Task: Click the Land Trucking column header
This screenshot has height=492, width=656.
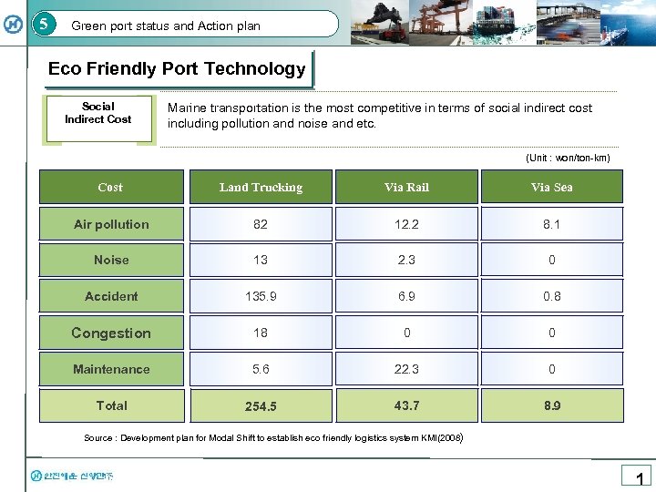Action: (261, 188)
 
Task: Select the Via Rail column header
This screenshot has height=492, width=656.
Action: (406, 188)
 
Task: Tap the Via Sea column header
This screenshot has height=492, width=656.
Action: (552, 188)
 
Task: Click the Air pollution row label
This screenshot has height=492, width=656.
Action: (111, 224)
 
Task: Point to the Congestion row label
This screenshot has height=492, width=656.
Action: (111, 333)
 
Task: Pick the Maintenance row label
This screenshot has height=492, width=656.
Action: (111, 369)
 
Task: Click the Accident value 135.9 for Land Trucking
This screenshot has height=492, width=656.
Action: (261, 296)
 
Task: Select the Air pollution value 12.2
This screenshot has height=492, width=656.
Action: (406, 224)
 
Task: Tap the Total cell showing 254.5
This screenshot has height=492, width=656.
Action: (261, 406)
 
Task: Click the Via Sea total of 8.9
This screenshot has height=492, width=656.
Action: (552, 405)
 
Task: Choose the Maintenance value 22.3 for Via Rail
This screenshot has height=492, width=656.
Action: (406, 369)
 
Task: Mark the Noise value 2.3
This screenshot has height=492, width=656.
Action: (406, 260)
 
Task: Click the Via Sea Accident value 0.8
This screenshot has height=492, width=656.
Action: (552, 296)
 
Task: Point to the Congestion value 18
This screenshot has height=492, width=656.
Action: (261, 333)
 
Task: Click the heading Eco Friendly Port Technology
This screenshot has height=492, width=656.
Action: (177, 69)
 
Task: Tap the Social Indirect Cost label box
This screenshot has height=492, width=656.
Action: (98, 113)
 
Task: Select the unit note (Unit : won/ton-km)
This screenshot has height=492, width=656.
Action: (568, 158)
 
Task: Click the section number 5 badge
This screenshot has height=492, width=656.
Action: (44, 24)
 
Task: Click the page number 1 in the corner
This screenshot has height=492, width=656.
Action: (640, 478)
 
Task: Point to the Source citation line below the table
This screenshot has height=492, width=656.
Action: (274, 438)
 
